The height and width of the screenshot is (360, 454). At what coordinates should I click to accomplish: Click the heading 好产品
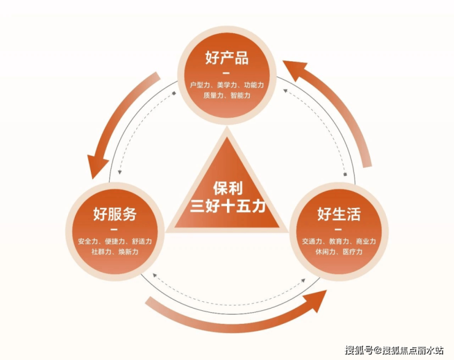point(227,58)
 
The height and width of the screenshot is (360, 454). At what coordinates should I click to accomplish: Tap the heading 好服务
point(115,214)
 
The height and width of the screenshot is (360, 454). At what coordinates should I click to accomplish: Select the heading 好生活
point(339,214)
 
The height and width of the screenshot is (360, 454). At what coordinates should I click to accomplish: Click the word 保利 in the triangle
point(228,188)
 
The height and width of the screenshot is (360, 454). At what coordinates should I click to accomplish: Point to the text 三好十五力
point(228,206)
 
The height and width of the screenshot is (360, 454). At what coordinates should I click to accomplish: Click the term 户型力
point(199,85)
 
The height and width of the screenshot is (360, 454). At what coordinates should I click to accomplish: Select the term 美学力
point(227,85)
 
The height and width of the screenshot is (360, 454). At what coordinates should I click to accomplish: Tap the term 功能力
point(254,85)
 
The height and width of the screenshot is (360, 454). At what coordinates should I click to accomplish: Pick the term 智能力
point(240,95)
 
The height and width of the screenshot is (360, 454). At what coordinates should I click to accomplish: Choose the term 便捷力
point(115,241)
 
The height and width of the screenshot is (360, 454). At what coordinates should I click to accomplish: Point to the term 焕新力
point(128,251)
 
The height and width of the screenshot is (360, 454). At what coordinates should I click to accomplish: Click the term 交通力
point(312,241)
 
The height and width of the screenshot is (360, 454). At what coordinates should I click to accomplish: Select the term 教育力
point(339,241)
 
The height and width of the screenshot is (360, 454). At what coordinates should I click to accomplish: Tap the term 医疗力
point(352,251)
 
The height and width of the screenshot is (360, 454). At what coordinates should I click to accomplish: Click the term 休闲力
point(325,251)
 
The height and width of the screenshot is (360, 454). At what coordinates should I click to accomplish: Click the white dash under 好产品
point(226,73)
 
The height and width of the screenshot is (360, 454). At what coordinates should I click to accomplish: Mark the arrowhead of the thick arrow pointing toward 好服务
point(96,167)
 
